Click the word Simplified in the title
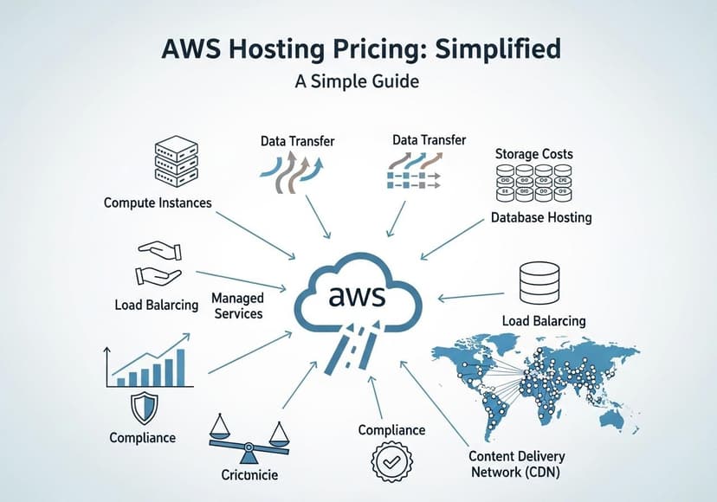[x=488, y=49]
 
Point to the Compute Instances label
[x=158, y=203]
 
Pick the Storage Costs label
[x=533, y=154]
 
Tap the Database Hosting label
[x=540, y=217]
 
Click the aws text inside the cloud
[x=357, y=297]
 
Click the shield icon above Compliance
[x=144, y=407]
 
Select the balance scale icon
[x=249, y=436]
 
